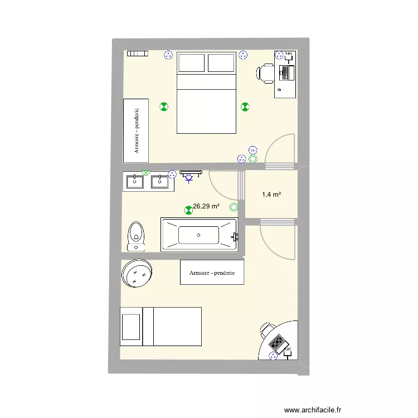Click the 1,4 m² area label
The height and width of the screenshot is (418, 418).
[x=271, y=195]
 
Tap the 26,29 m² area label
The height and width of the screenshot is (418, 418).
[x=206, y=206]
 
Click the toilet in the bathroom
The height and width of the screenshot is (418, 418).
[x=136, y=236]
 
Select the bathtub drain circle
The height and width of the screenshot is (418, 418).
[x=198, y=235]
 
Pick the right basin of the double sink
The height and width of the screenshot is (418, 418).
[x=160, y=181]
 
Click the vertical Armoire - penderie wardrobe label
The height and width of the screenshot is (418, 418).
[x=136, y=130]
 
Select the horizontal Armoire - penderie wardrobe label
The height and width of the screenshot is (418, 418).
[x=212, y=273]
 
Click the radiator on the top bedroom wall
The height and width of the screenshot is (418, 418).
[x=137, y=54]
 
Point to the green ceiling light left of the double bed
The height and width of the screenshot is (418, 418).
[x=164, y=106]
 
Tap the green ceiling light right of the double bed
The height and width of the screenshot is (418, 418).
[x=245, y=107]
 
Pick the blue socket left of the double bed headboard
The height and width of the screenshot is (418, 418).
[x=168, y=55]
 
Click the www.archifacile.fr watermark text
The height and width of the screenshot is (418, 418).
[x=312, y=410]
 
